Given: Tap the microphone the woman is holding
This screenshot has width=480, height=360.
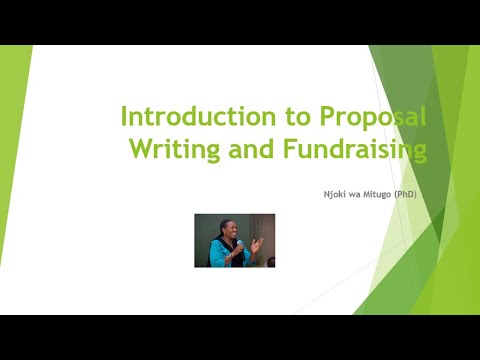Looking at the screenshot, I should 237,248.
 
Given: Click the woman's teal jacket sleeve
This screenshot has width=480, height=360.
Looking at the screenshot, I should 216,256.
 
